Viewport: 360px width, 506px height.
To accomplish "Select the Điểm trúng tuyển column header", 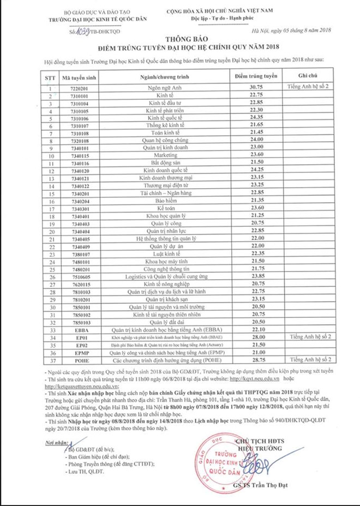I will (251, 76).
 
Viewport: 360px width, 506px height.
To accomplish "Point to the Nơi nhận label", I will (58, 430).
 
